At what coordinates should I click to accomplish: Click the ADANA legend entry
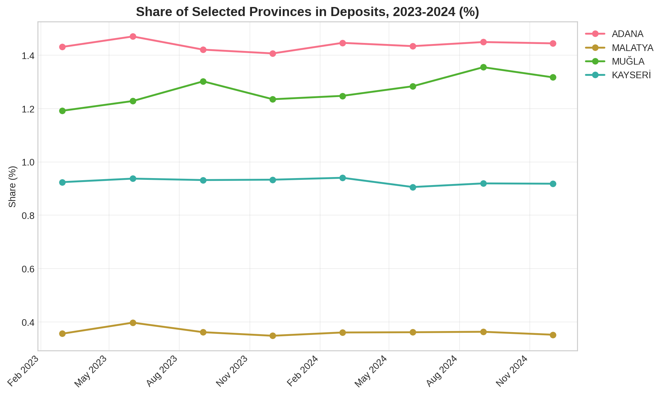click(x=627, y=34)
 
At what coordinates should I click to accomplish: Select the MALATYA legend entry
click(x=632, y=48)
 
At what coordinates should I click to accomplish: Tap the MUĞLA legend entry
click(x=628, y=61)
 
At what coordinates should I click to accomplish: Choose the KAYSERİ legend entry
click(x=631, y=75)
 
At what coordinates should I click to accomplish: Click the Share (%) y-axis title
click(x=13, y=186)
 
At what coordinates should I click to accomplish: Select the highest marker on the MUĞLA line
click(x=483, y=67)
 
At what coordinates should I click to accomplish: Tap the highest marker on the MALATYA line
click(x=133, y=323)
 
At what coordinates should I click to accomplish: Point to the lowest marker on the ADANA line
click(x=273, y=53)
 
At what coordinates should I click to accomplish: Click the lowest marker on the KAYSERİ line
click(x=413, y=187)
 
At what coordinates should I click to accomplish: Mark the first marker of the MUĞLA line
click(x=63, y=111)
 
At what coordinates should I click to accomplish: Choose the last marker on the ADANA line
click(x=553, y=44)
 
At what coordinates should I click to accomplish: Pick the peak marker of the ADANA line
click(x=133, y=37)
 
